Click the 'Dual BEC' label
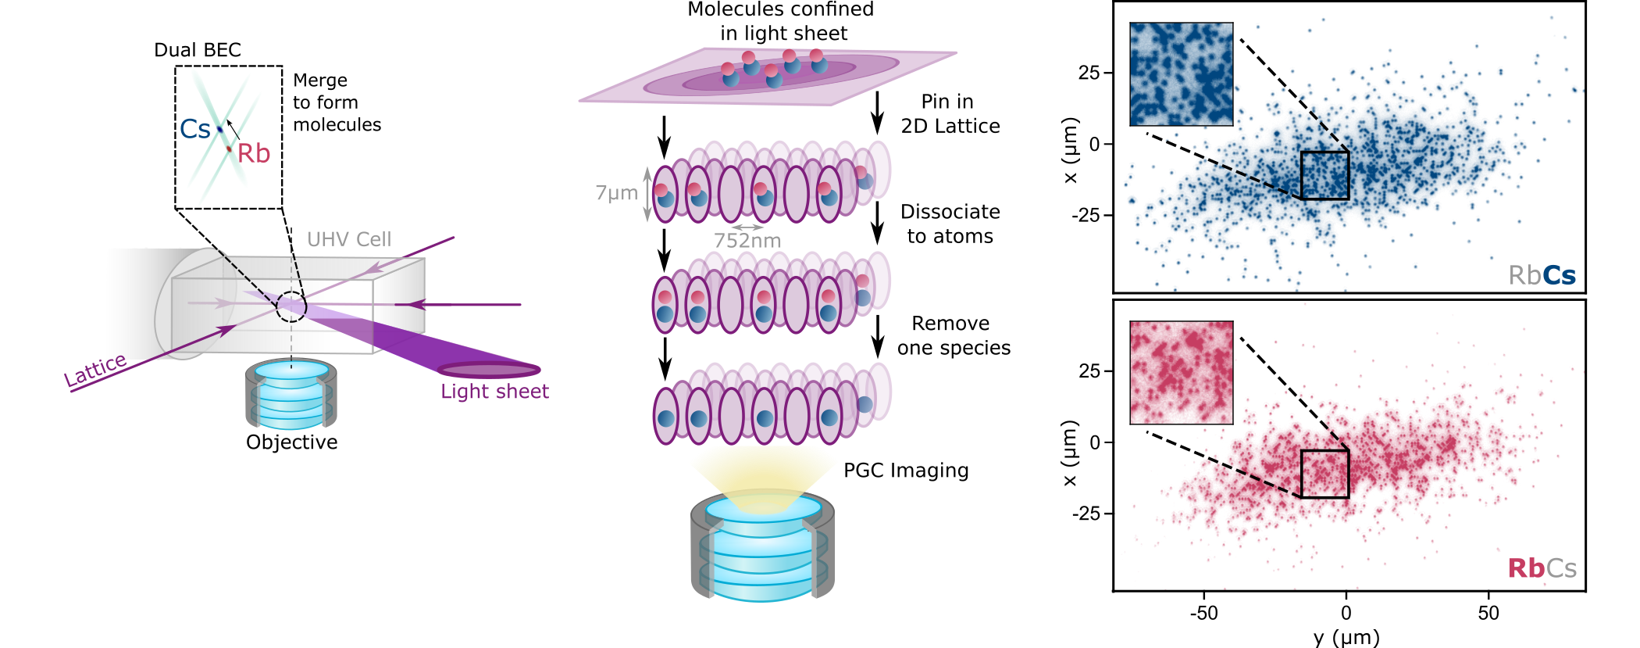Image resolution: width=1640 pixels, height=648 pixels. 198,50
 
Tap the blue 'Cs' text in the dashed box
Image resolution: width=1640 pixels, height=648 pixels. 194,129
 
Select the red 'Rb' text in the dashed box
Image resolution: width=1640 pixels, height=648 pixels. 254,153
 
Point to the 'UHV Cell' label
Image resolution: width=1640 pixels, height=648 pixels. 349,239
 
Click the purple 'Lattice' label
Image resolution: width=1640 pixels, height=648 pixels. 95,371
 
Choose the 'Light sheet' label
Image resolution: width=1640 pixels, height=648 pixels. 494,391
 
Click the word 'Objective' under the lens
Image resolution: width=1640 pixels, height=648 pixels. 291,442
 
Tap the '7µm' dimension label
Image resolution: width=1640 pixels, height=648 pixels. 616,192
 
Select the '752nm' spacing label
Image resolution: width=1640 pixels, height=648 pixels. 747,241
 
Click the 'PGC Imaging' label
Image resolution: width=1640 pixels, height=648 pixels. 906,470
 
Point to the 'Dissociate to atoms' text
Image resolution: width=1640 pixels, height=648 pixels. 950,224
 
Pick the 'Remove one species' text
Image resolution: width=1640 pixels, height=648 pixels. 953,335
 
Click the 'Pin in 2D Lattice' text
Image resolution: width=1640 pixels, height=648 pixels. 950,113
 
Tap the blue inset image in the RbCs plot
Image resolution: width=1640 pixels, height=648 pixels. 1181,74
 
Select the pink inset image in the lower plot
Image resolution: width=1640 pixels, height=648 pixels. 1181,373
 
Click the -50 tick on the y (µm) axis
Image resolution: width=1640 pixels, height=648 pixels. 1203,613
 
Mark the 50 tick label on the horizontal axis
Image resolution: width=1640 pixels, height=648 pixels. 1488,613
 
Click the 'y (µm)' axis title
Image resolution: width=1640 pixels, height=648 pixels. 1346,637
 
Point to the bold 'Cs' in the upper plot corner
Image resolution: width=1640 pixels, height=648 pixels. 1560,275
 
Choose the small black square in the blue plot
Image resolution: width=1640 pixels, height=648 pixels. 1324,175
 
